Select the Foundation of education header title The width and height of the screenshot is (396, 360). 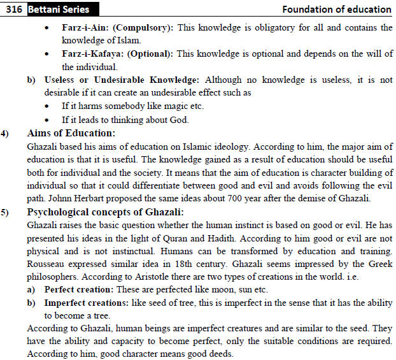pos(337,9)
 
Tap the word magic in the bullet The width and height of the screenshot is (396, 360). pos(184,106)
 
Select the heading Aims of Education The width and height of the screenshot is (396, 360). pos(71,134)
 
